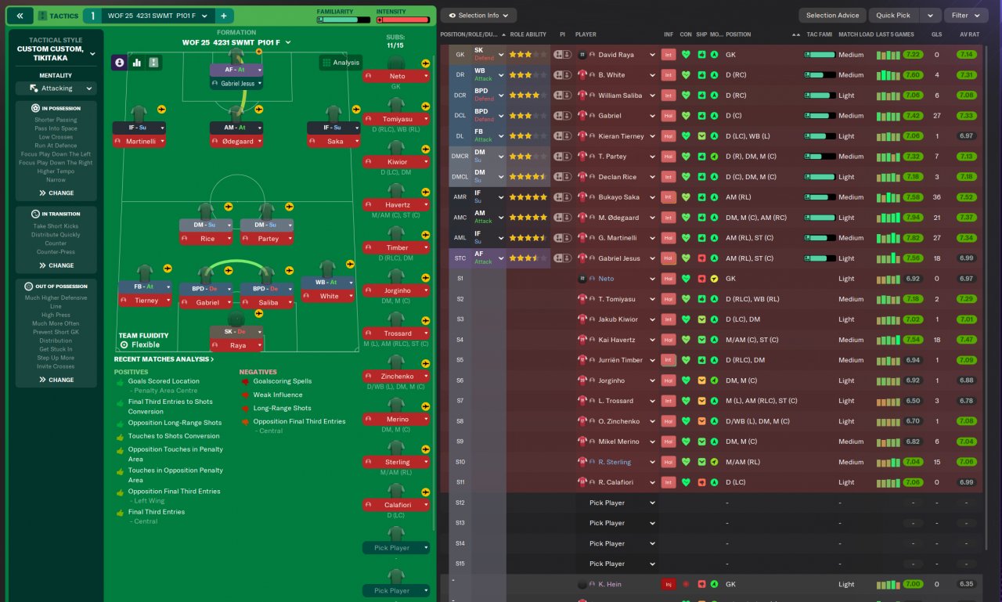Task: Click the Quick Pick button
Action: [x=892, y=15]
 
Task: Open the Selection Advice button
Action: [x=832, y=15]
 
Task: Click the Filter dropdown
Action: [x=966, y=15]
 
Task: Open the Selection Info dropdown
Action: [x=478, y=15]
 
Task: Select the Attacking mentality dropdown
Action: [x=57, y=88]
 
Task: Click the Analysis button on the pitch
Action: [x=341, y=63]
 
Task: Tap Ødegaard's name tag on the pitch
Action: [x=236, y=142]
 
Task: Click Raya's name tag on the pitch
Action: [x=236, y=345]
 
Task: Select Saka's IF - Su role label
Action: [x=333, y=128]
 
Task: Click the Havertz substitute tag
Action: [x=397, y=205]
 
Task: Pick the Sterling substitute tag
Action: [x=397, y=462]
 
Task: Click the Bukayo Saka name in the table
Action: [x=618, y=197]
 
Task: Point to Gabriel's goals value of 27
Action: [x=936, y=116]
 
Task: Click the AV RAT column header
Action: [x=968, y=34]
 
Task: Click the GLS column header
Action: [x=936, y=34]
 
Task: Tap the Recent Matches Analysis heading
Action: [x=164, y=359]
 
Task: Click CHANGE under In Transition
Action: [x=56, y=265]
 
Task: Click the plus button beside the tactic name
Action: [x=223, y=16]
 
